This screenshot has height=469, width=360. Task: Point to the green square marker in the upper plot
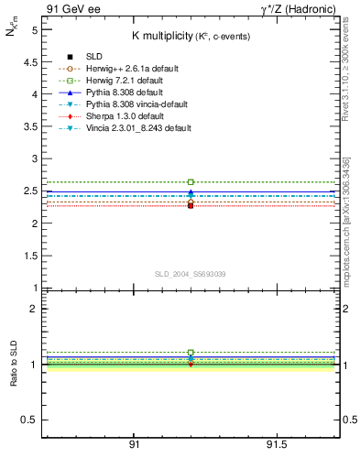tap(191, 182)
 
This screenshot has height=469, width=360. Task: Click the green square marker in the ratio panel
tap(191, 353)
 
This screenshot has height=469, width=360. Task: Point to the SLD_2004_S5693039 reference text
tap(190, 274)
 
